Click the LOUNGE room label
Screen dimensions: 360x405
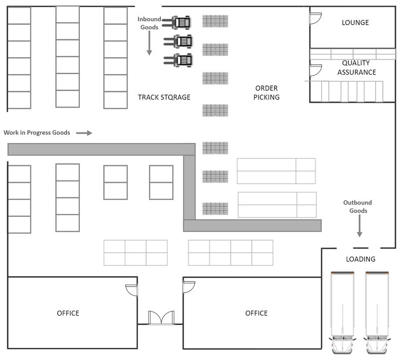pyautogui.click(x=355, y=23)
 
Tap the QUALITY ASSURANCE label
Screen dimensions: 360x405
pyautogui.click(x=356, y=68)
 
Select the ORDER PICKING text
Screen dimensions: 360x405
pyautogui.click(x=267, y=92)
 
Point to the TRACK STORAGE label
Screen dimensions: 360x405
pyautogui.click(x=164, y=97)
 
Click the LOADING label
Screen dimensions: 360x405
pyautogui.click(x=360, y=259)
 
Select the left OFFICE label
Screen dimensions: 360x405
pyautogui.click(x=68, y=314)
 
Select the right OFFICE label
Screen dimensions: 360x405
pyautogui.click(x=256, y=314)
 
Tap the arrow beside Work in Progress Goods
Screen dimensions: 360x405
pyautogui.click(x=84, y=132)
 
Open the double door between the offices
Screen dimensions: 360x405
pyautogui.click(x=160, y=317)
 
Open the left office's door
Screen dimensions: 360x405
pyautogui.click(x=132, y=291)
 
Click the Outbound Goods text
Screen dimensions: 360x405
pyautogui.click(x=357, y=206)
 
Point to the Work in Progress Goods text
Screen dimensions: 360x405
pyautogui.click(x=37, y=132)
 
